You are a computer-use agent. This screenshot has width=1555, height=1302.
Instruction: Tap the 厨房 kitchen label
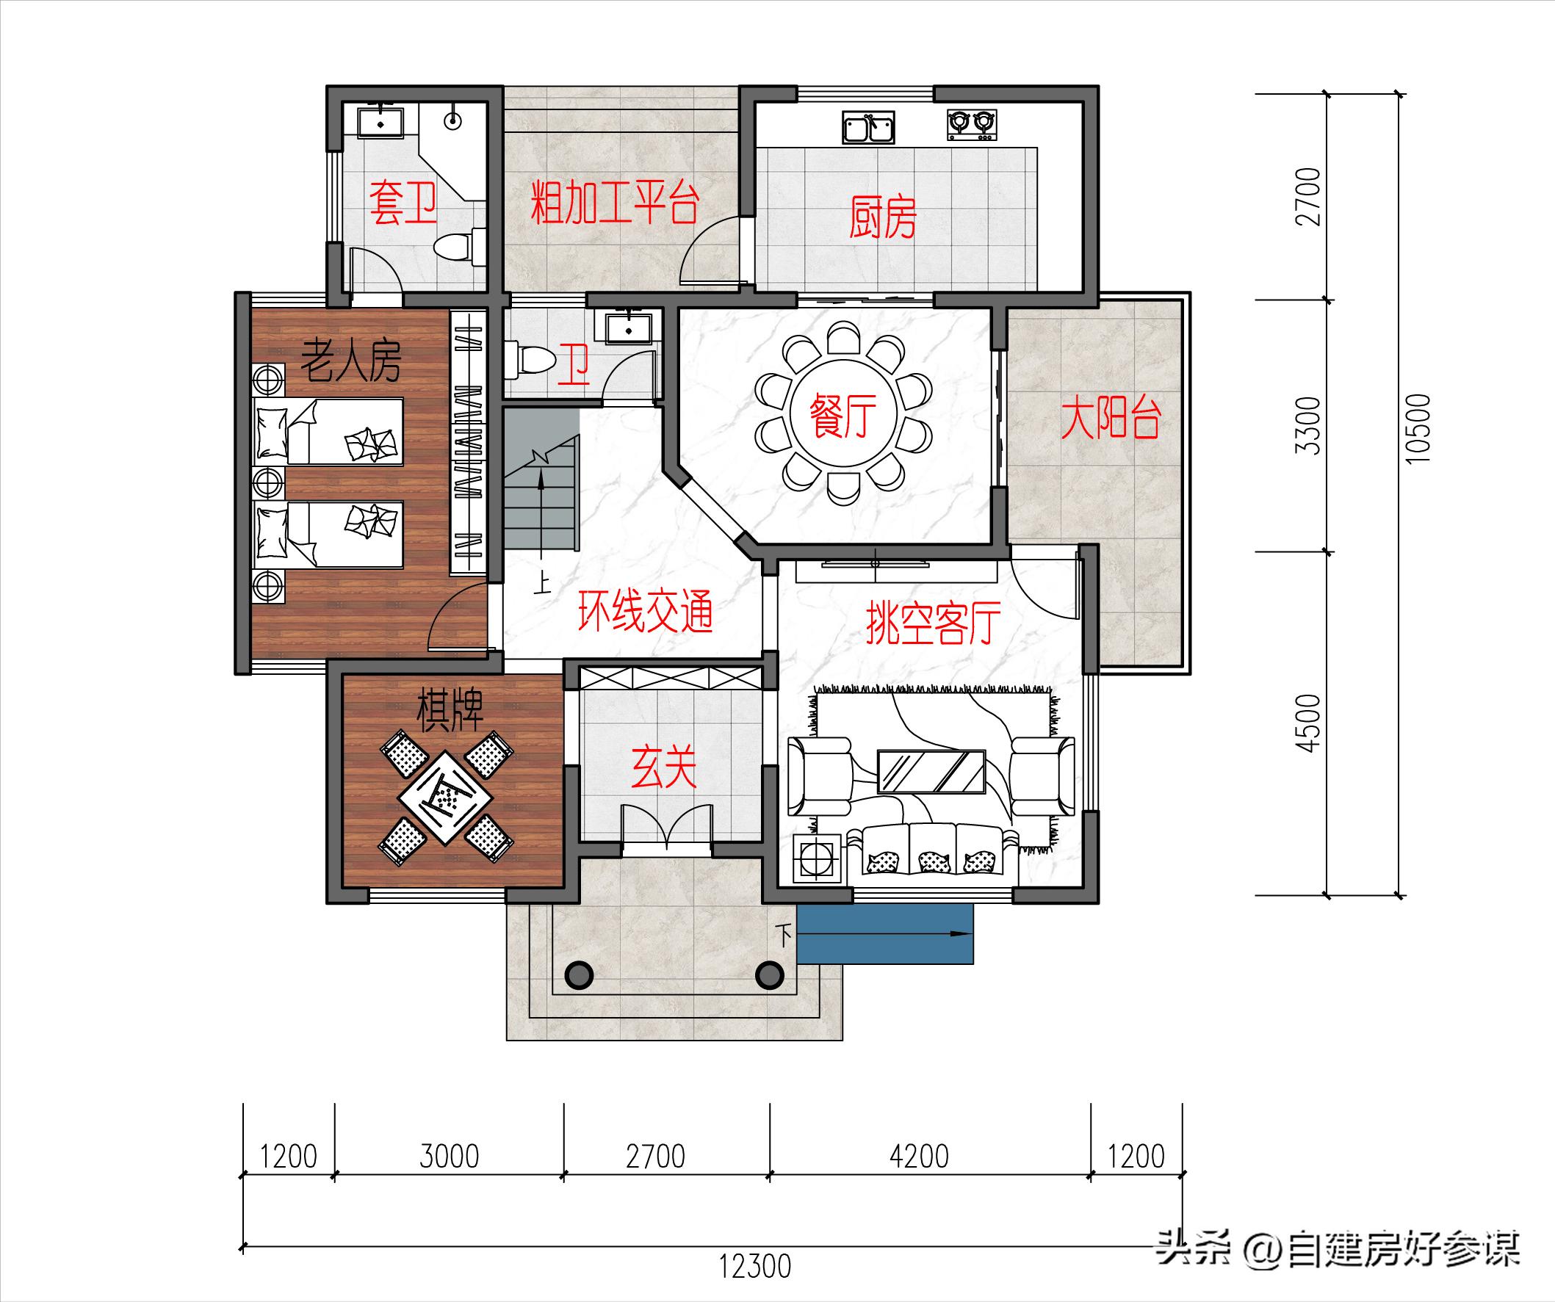883,216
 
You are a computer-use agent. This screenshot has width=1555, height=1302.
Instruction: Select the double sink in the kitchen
868,127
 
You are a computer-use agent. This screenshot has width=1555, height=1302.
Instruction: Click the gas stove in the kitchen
972,125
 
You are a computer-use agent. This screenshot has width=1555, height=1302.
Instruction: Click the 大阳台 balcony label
1110,419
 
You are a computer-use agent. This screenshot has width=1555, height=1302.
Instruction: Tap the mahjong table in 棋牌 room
447,799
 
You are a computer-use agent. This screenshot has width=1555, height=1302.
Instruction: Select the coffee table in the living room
931,770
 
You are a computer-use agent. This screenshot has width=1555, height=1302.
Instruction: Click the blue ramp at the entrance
885,934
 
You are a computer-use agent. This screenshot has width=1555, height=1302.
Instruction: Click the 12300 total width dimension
754,1266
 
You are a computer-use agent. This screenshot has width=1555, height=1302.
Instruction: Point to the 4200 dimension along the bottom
919,1156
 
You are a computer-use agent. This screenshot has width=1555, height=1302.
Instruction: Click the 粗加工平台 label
615,203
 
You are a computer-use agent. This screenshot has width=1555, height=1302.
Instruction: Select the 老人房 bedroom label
350,362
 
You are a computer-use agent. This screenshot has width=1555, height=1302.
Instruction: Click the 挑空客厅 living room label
933,623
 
